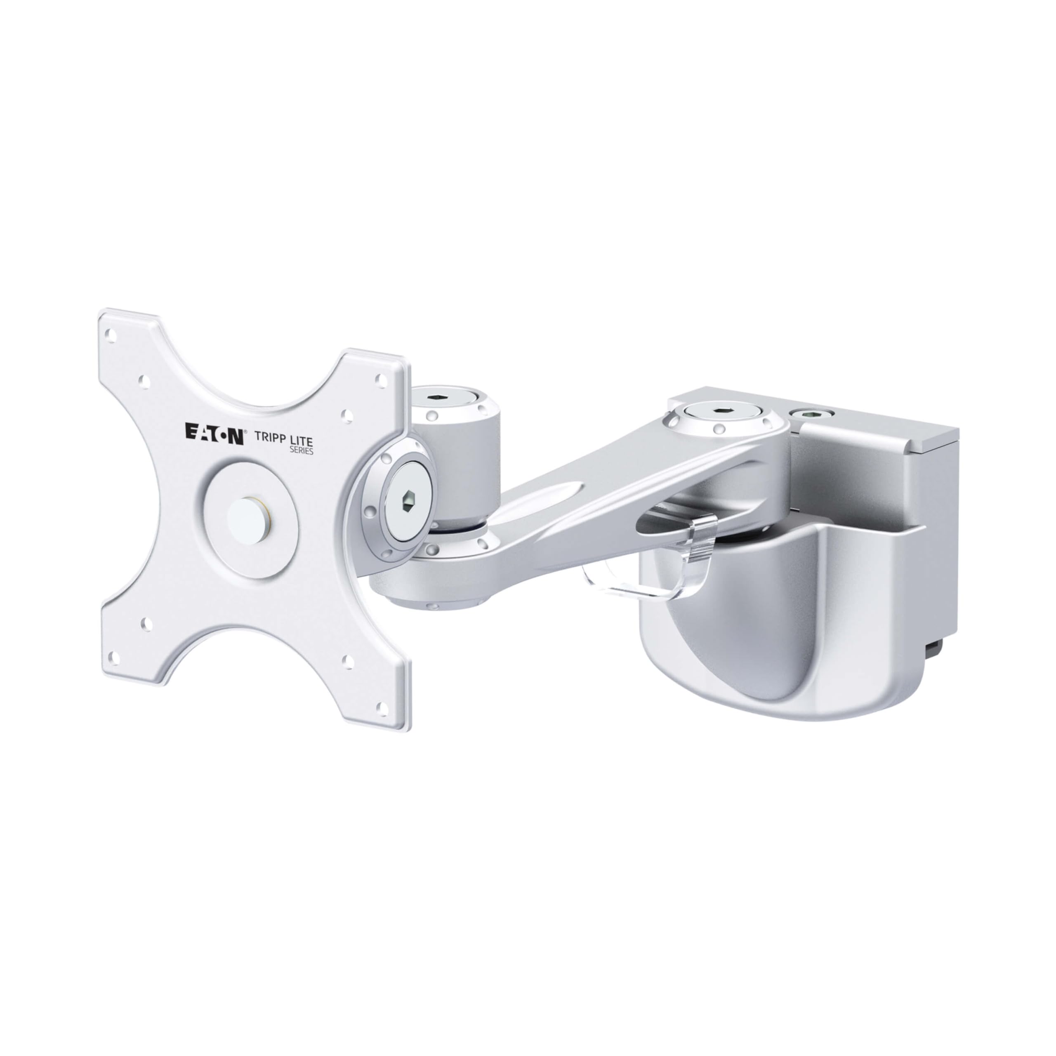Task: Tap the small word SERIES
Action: coord(301,450)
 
